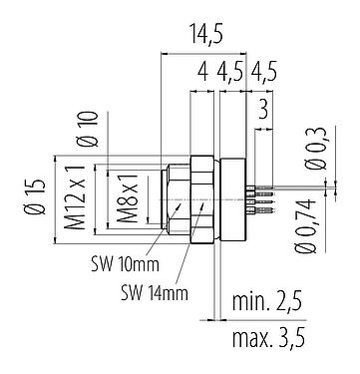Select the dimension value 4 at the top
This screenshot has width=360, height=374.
tap(201, 74)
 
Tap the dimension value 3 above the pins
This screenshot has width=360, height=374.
tap(263, 108)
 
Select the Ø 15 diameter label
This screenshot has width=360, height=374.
tap(36, 195)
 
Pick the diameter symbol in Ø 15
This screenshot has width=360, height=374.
tap(36, 217)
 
